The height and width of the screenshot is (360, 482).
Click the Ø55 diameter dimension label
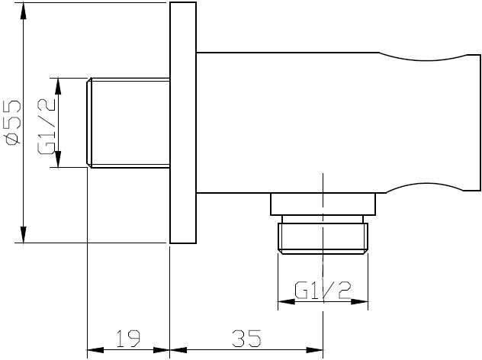pos(11,121)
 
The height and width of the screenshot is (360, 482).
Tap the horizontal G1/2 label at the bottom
pos(323,289)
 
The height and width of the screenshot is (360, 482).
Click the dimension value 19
pos(127,336)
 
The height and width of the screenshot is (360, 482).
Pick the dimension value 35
pos(245,336)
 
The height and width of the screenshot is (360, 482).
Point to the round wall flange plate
pos(183,123)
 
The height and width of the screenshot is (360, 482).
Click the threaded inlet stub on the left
pos(128,122)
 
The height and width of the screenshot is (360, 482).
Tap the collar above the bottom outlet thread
pos(324,204)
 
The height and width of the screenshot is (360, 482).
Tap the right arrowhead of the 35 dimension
pos(317,352)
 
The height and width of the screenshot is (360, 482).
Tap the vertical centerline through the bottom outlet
pos(323,267)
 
